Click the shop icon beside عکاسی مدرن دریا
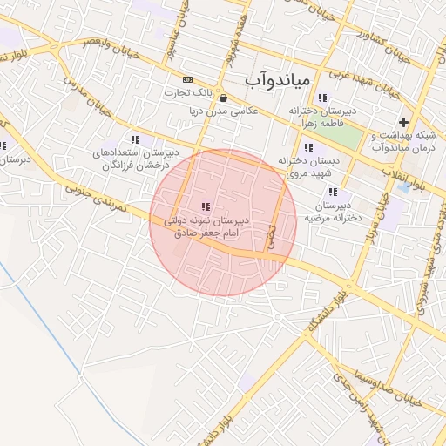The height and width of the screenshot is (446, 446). click(225, 98)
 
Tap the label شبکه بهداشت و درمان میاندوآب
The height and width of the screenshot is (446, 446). click(403, 141)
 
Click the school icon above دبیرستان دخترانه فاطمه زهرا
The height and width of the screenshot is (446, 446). click(323, 98)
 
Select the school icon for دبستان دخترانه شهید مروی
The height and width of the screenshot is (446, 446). click(308, 148)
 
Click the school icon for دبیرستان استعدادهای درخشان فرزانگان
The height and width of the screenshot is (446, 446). click(134, 139)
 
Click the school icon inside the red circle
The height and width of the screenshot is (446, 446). click(206, 206)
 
